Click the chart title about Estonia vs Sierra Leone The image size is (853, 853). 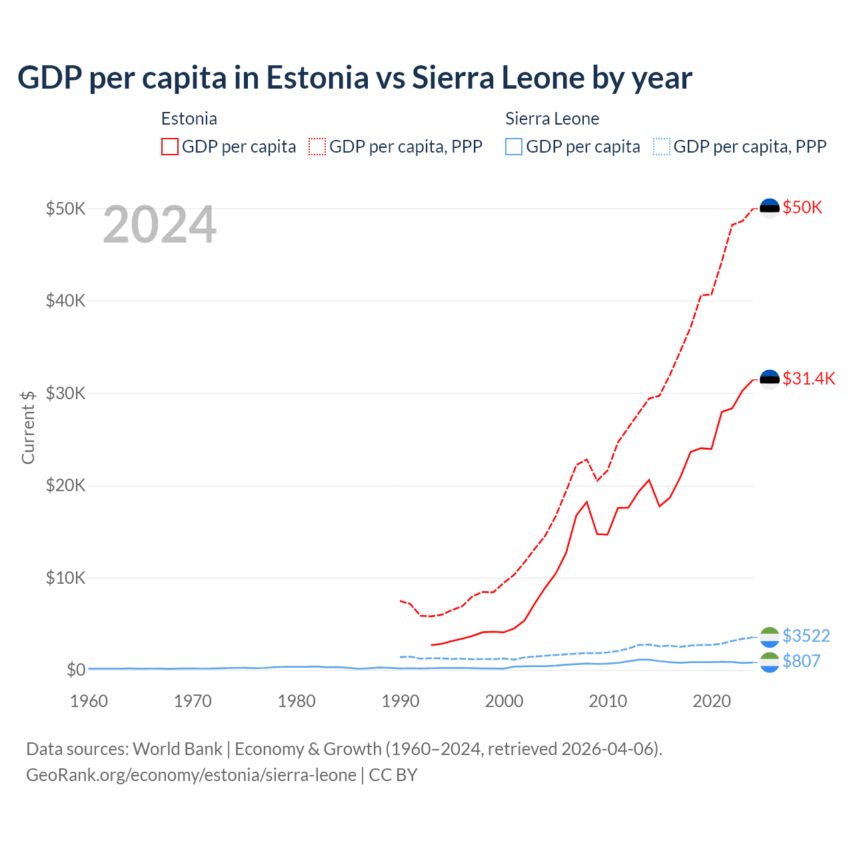click(x=355, y=78)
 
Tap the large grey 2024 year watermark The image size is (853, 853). click(x=159, y=225)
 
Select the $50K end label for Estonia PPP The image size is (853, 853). click(x=802, y=208)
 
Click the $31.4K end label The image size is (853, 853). click(x=808, y=379)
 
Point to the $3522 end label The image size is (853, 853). click(x=806, y=636)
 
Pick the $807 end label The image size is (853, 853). click(x=801, y=661)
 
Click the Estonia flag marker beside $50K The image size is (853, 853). click(x=770, y=209)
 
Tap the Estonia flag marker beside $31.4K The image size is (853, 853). click(x=770, y=380)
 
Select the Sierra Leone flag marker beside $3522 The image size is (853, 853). click(x=770, y=636)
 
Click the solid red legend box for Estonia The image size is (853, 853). click(x=170, y=147)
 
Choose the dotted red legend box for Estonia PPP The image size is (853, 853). click(x=317, y=147)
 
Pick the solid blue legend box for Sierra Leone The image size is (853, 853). click(x=514, y=147)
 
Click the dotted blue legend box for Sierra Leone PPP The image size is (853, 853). click(x=662, y=147)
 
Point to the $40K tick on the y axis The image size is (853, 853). click(x=65, y=301)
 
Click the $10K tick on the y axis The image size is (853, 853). click(x=65, y=578)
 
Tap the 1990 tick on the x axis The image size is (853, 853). click(x=401, y=701)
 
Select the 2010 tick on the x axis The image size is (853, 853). click(x=608, y=701)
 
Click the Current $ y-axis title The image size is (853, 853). click(x=28, y=427)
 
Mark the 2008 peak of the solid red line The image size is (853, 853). click(x=586, y=502)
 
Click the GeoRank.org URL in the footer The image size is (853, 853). click(x=191, y=775)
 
